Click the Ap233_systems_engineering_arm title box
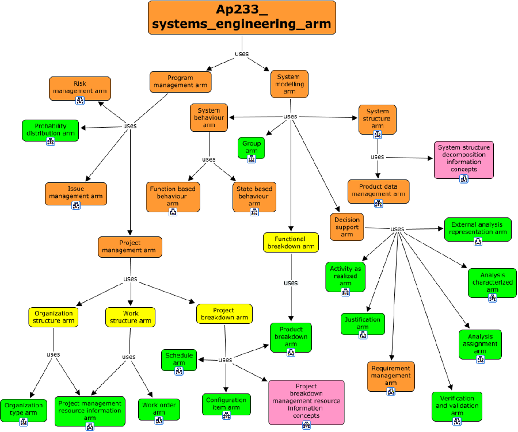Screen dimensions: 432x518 pyautogui.click(x=242, y=17)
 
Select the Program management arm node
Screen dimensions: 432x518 pyautogui.click(x=180, y=82)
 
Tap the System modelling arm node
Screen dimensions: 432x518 pyautogui.click(x=289, y=84)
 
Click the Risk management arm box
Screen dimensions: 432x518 pyautogui.click(x=79, y=87)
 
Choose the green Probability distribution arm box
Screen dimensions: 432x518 pyautogui.click(x=51, y=130)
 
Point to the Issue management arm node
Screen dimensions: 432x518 pyautogui.click(x=76, y=193)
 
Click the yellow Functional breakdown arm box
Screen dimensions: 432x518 pyautogui.click(x=291, y=242)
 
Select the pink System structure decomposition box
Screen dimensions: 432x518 pyautogui.click(x=464, y=159)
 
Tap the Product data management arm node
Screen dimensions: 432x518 pyautogui.click(x=378, y=191)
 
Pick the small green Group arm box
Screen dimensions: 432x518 pyautogui.click(x=252, y=147)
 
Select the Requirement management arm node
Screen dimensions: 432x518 pyautogui.click(x=391, y=376)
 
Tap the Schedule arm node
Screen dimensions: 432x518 pyautogui.click(x=179, y=359)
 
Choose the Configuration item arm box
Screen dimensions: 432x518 pyautogui.click(x=226, y=404)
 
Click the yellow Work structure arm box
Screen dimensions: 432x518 pyautogui.click(x=130, y=316)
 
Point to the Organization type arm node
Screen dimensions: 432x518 pyautogui.click(x=24, y=410)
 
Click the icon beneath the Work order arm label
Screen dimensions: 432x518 pyautogui.click(x=159, y=421)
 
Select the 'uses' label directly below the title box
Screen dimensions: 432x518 pyautogui.click(x=242, y=53)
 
